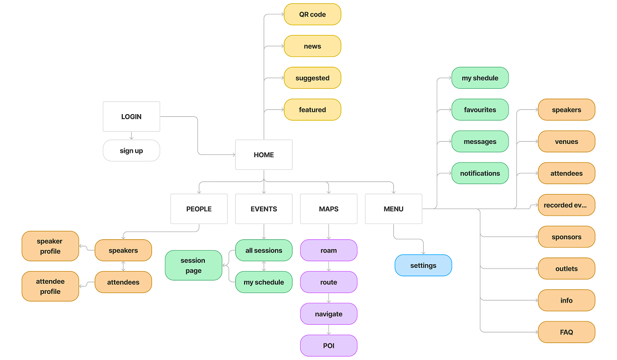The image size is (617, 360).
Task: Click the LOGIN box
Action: click(131, 116)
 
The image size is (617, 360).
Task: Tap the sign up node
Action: click(131, 151)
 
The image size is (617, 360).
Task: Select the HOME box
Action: click(263, 155)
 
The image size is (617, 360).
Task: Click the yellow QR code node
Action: click(312, 14)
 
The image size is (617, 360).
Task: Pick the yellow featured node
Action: click(312, 110)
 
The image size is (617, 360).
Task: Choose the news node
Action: click(312, 46)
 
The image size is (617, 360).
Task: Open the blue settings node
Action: click(423, 265)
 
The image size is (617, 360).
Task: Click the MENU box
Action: click(393, 209)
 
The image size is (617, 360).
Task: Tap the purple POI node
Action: click(328, 346)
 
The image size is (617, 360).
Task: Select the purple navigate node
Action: click(328, 314)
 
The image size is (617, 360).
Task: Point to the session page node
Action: click(193, 265)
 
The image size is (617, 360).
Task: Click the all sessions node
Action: click(263, 250)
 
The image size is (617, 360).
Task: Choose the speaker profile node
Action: click(50, 246)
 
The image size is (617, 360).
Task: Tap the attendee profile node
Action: click(50, 286)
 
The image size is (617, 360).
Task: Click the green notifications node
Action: click(480, 173)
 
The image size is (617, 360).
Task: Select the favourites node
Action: click(480, 110)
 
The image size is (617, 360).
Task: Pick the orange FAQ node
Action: click(566, 332)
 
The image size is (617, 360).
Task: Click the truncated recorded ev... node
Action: click(566, 205)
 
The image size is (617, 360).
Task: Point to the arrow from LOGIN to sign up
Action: click(131, 136)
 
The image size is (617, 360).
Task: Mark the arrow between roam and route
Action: click(329, 266)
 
